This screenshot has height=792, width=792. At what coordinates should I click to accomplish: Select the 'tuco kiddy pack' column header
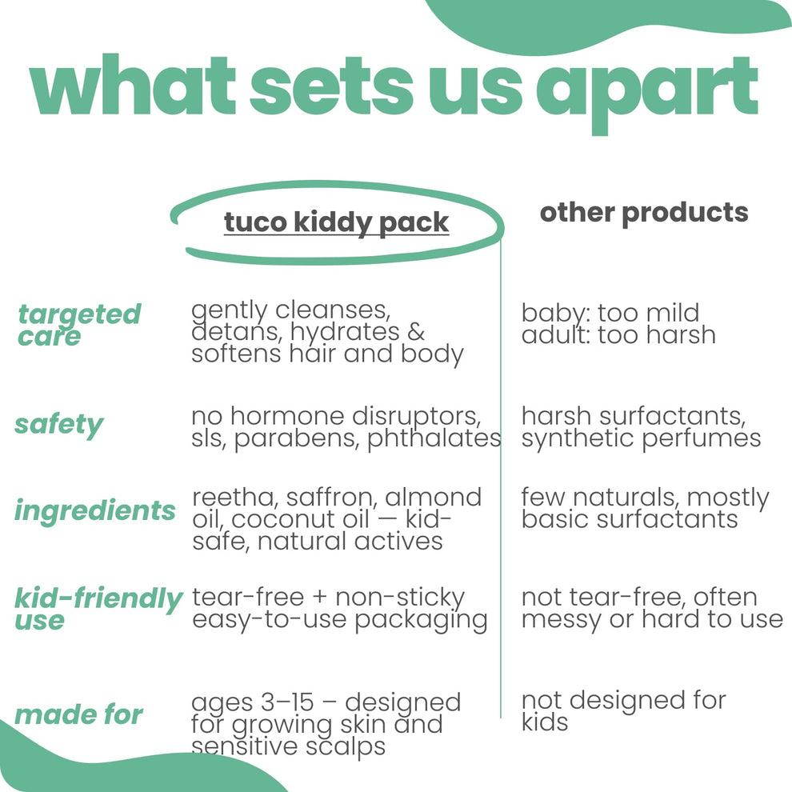coord(336,222)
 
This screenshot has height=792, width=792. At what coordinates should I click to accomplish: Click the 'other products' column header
coord(644,212)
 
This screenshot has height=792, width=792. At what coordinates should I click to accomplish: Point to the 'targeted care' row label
coord(78,325)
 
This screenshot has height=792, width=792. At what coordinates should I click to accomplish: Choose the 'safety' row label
coord(58,425)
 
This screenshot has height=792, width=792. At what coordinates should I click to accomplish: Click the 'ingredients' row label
coord(94,510)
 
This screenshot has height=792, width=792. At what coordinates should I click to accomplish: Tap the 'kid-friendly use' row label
coord(98,608)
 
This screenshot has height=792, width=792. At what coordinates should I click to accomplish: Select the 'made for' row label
coord(78,714)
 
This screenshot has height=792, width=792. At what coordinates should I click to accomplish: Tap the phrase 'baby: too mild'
coord(610,312)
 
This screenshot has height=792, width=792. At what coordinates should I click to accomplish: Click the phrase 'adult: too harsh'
coord(618,334)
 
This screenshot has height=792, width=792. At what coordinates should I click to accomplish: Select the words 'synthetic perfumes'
coord(641,438)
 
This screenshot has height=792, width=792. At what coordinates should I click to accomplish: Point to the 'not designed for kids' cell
coord(623,710)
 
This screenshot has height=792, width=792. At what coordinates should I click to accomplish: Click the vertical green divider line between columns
coord(501,480)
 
